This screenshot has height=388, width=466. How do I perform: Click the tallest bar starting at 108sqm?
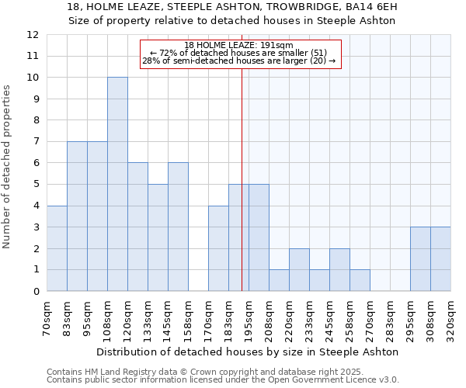117,184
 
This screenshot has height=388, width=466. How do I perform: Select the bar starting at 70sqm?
57,248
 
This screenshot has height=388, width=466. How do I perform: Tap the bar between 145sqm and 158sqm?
178,227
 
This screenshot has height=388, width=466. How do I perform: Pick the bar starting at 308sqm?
440,259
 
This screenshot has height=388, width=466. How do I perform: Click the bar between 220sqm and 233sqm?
299,270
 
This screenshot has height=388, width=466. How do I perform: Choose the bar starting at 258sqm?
360,280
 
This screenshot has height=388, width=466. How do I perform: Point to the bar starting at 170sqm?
218,248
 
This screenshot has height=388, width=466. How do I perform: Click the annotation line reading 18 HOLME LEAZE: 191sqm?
239,45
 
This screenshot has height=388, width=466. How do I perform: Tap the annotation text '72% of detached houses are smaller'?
239,53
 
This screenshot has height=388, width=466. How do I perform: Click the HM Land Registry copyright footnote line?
205,372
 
